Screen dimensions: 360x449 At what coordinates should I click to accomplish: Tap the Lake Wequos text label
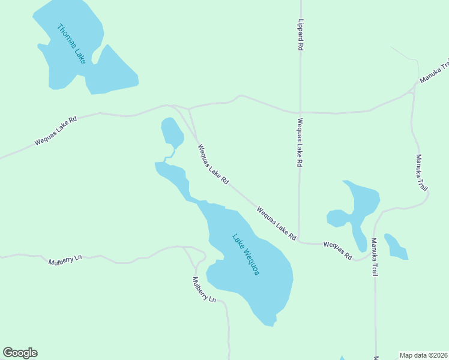pyautogui.click(x=246, y=254)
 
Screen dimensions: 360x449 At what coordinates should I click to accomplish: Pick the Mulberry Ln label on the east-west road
pyautogui.click(x=65, y=259)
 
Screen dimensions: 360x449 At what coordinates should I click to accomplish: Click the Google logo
pyautogui.click(x=20, y=353)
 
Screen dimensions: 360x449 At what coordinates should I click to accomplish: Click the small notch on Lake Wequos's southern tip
pyautogui.click(x=274, y=324)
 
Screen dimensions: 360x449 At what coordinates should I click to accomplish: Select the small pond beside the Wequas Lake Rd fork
pyautogui.click(x=171, y=131)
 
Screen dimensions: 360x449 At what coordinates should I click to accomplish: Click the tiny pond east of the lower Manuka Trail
pyautogui.click(x=396, y=247)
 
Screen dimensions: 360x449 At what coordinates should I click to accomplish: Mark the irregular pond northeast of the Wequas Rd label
pyautogui.click(x=357, y=207)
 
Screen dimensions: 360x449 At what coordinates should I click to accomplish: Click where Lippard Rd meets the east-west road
pyautogui.click(x=300, y=112)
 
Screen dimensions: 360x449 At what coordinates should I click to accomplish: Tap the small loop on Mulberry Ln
pyautogui.click(x=200, y=257)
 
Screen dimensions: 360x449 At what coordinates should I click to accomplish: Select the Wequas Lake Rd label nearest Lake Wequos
pyautogui.click(x=276, y=224)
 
